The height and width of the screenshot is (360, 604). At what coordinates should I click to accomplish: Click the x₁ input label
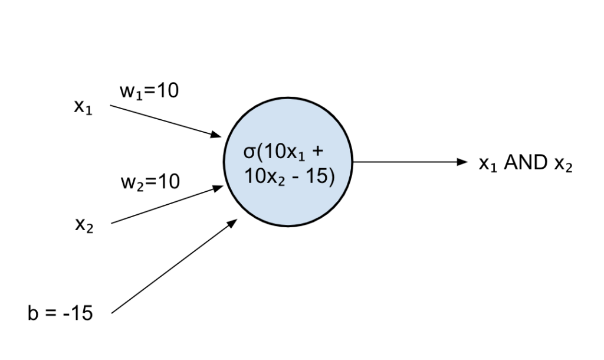point(83,109)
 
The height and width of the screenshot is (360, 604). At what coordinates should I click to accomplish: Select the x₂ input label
point(83,225)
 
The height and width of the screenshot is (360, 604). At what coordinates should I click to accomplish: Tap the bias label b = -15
point(60,313)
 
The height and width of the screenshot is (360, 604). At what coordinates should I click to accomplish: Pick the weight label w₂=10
point(150,182)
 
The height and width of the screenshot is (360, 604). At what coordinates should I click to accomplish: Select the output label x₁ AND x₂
point(525,163)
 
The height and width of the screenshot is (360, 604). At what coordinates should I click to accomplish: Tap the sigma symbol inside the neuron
point(250,153)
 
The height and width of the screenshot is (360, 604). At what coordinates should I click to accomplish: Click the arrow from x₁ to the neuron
point(165,121)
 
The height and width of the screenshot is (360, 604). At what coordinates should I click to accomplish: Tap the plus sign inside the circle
point(318,153)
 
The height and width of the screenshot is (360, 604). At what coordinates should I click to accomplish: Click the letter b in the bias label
point(32,313)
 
